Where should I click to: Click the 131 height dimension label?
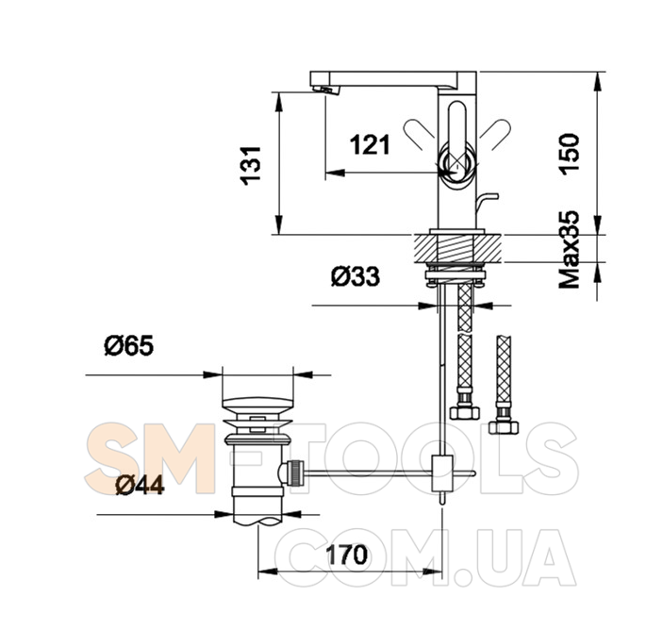pos(250,166)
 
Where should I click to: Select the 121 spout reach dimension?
pos(370,144)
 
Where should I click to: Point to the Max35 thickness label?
pos(569,250)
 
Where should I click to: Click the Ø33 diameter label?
pos(356,276)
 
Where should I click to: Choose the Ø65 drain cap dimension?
pos(129,346)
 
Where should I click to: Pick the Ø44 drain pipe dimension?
pos(140,485)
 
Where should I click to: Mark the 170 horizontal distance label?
pos(346,555)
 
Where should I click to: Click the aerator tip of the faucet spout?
pos(326,90)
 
